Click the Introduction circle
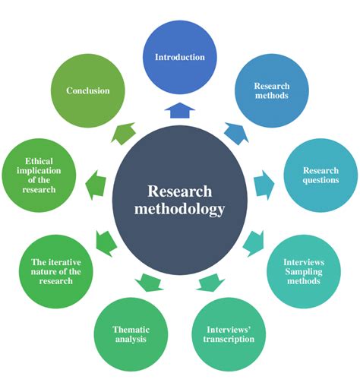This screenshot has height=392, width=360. coord(180,57)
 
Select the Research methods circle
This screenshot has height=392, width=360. coord(271,91)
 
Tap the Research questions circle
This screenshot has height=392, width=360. coord(321,175)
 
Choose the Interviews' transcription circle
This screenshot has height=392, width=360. coord(230,334)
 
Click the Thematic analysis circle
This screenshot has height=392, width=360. coord(131,334)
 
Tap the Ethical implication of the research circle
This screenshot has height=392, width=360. coord(39,175)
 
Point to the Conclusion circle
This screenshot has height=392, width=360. coord(88,91)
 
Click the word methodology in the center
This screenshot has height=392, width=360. coord(180,208)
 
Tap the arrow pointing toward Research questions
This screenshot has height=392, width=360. coord(262,182)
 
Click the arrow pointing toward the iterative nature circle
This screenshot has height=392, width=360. coord(106,242)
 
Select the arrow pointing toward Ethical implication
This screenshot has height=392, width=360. coord(96,182)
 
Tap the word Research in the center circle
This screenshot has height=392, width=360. coord(180,191)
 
